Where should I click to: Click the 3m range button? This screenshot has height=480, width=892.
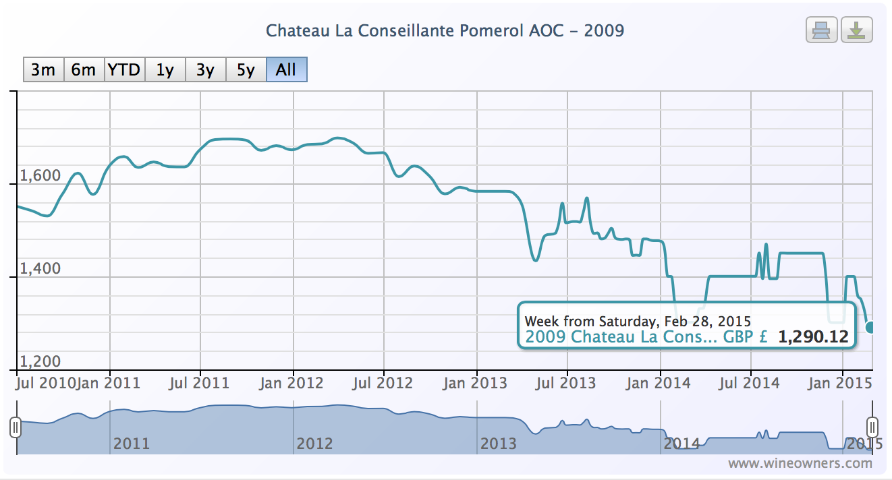[43, 69]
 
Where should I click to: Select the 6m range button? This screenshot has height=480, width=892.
[84, 69]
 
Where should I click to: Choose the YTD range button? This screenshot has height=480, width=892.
[124, 69]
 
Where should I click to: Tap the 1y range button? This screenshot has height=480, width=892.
[165, 69]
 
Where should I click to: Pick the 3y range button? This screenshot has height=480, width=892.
[205, 69]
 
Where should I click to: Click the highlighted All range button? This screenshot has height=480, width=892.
[286, 69]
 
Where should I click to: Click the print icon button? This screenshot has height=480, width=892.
[821, 30]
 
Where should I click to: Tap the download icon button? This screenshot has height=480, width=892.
[856, 30]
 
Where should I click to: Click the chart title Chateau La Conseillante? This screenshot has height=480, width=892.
[445, 31]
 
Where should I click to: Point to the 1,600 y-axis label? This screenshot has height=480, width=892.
[40, 175]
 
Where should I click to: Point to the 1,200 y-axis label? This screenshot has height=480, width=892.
[40, 361]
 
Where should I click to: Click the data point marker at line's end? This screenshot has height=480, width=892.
[870, 327]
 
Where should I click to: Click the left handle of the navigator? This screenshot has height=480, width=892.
[16, 427]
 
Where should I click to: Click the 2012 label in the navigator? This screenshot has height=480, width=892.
[314, 444]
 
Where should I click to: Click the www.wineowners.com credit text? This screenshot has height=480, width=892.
[800, 463]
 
